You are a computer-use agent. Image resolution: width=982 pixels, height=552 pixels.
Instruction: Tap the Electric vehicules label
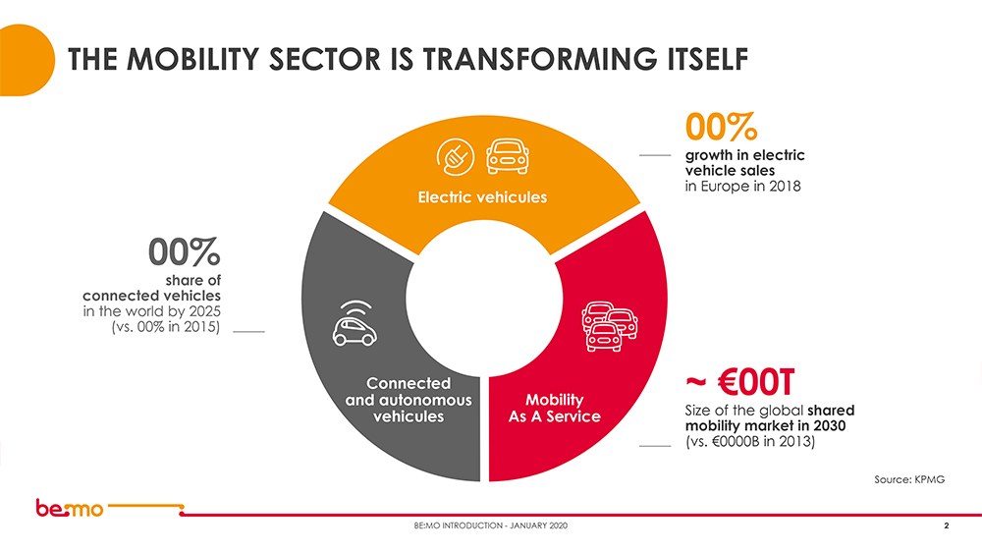click(x=482, y=196)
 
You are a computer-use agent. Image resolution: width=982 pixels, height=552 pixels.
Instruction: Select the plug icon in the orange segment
click(x=456, y=154)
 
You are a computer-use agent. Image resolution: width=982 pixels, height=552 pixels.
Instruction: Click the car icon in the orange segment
click(x=508, y=153)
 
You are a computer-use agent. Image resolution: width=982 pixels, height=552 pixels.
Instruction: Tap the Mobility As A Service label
click(x=554, y=408)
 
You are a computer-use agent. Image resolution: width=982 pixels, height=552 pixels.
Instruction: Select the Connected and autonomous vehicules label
click(x=409, y=399)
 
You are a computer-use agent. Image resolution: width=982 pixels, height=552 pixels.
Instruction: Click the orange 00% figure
click(x=720, y=128)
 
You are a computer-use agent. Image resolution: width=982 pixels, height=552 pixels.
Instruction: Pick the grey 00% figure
click(x=185, y=252)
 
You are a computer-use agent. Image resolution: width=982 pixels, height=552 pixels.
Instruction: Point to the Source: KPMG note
click(x=908, y=478)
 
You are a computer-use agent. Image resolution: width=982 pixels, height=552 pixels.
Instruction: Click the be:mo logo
click(x=69, y=509)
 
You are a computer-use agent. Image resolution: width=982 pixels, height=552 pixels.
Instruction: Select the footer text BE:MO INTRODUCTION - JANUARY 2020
click(x=490, y=528)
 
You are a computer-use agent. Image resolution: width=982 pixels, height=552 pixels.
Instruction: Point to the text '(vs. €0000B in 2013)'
click(x=749, y=443)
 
